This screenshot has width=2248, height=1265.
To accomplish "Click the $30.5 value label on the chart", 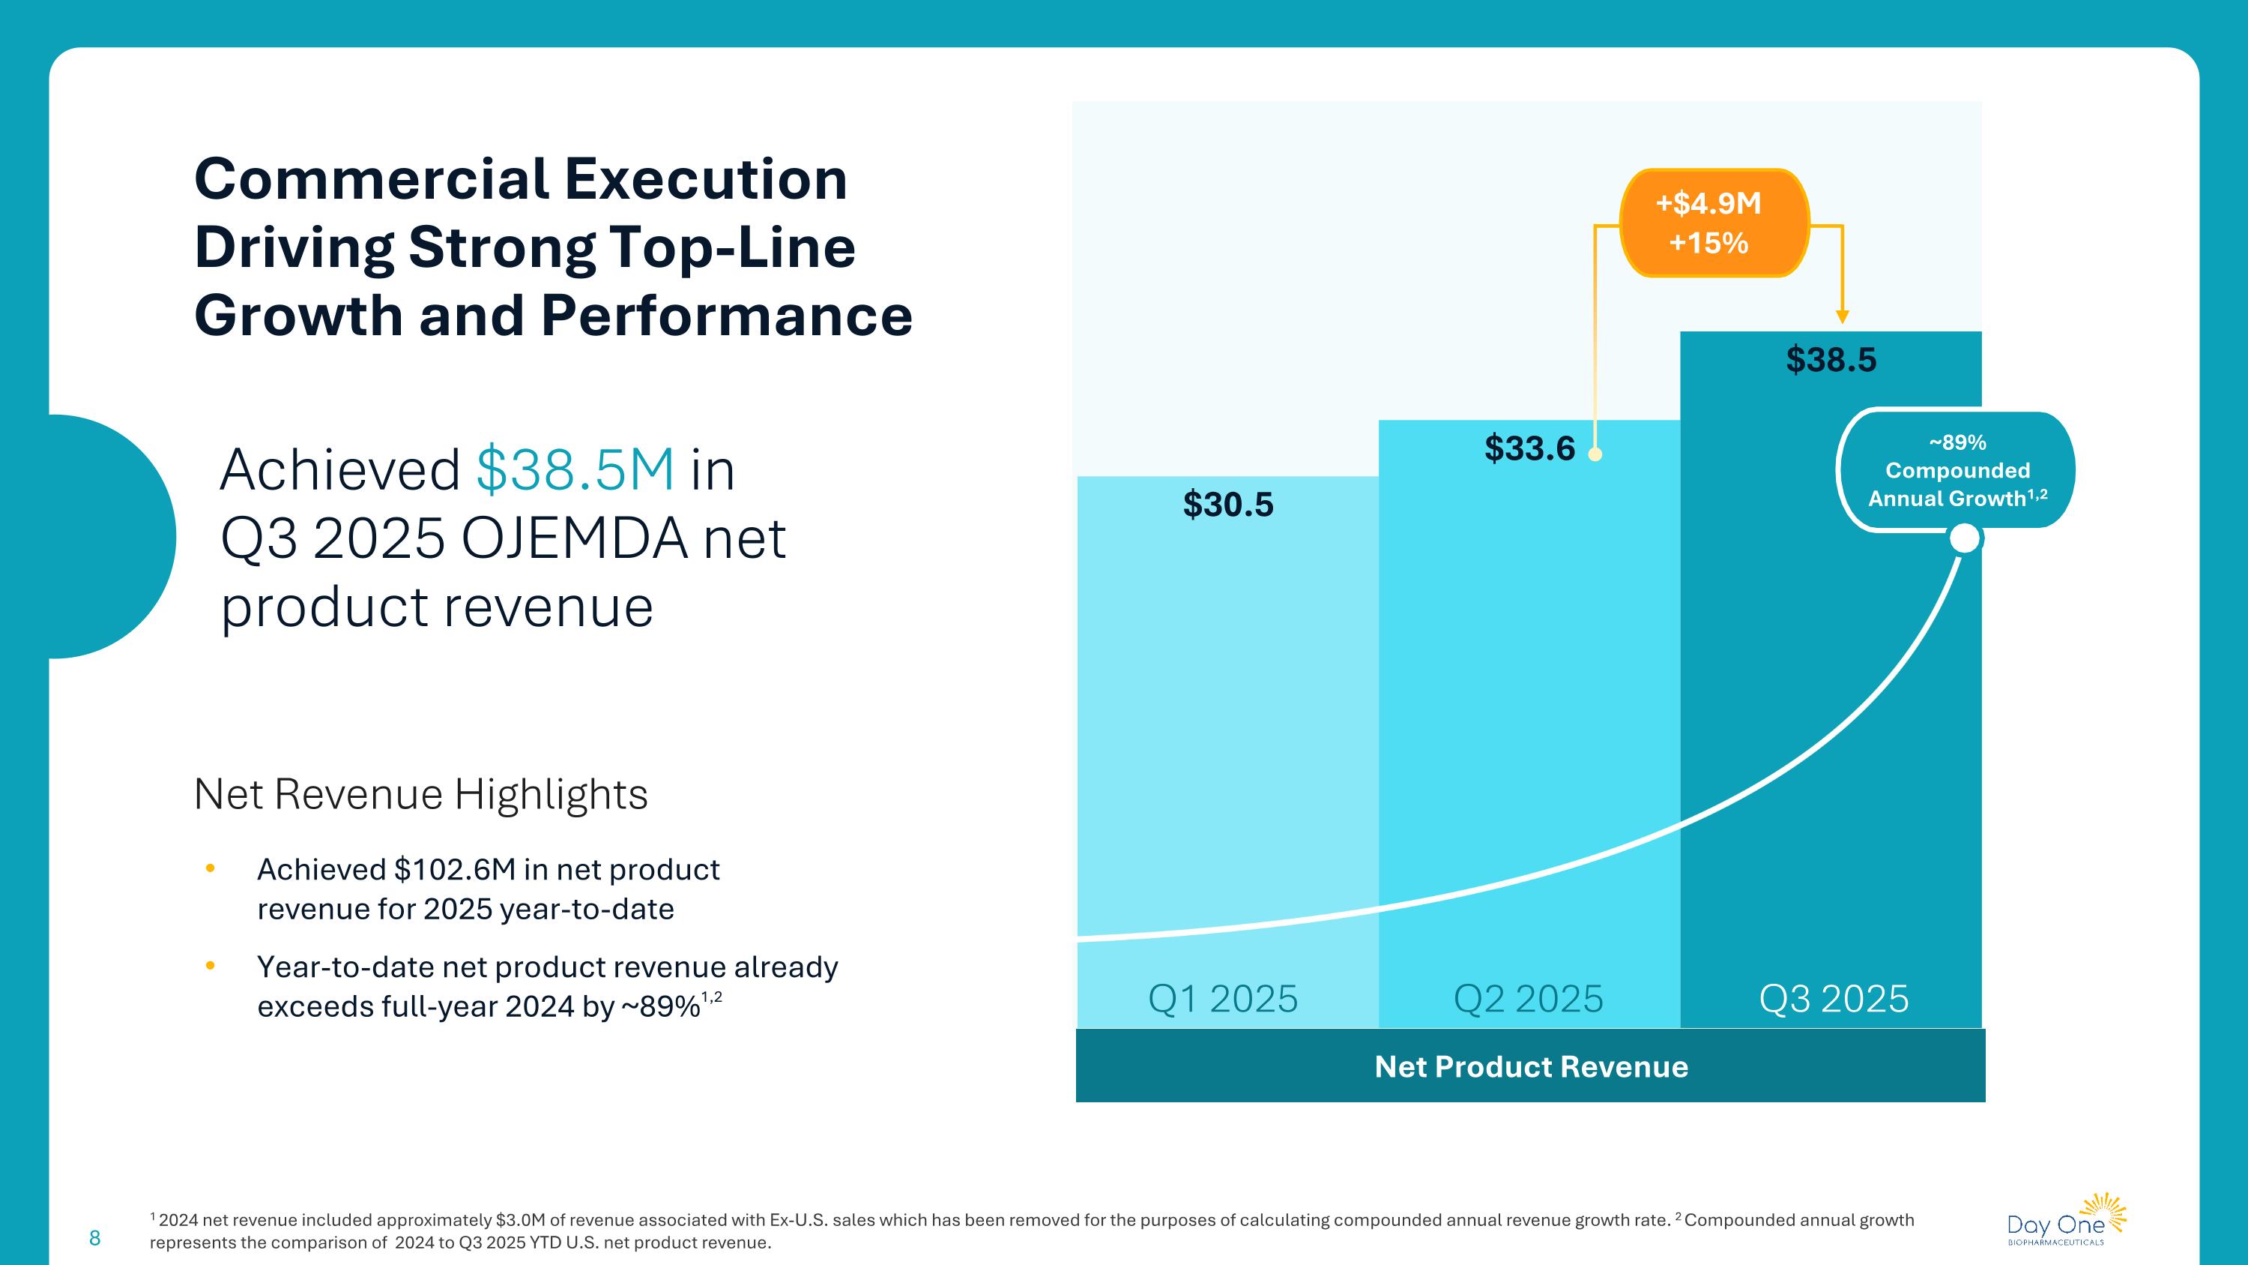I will click(x=1228, y=505).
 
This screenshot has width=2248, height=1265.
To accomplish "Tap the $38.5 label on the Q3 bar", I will click(x=1831, y=360).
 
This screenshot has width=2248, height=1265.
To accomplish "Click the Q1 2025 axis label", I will click(x=1223, y=999).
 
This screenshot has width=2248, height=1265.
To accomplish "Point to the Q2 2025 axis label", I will click(x=1528, y=999).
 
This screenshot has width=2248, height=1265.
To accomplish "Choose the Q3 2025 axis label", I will click(x=1834, y=999).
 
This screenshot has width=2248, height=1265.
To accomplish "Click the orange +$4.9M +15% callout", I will click(x=1714, y=223).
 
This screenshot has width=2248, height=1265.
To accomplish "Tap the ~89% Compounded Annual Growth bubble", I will click(x=1957, y=471).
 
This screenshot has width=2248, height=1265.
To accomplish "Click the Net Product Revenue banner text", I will click(x=1531, y=1067).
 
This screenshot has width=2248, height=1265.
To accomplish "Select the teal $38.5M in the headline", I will click(x=575, y=469).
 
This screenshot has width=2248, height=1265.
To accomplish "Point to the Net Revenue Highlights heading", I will click(x=420, y=794).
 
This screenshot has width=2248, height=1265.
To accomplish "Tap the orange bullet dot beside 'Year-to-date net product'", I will click(x=210, y=966).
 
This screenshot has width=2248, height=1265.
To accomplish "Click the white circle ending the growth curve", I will click(x=1965, y=538).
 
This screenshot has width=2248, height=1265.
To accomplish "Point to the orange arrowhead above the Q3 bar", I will click(x=1842, y=317).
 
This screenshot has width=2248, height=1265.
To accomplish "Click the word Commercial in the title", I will click(x=371, y=179).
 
